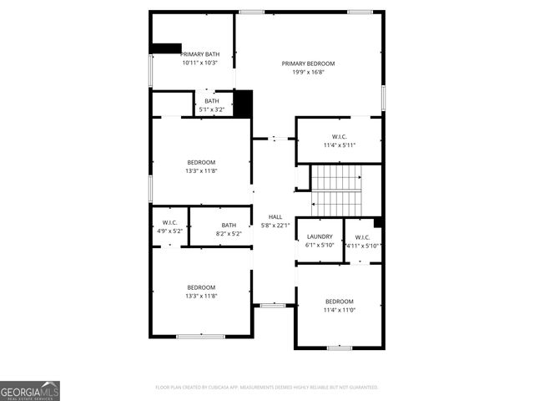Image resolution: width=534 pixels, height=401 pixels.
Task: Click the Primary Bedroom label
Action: click(x=308, y=63)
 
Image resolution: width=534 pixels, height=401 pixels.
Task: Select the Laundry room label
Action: click(x=319, y=236)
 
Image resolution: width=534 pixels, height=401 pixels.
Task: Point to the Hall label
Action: click(x=275, y=216)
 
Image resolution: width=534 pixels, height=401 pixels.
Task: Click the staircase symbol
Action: click(x=337, y=190)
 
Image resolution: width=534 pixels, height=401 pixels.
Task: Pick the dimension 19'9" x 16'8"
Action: click(x=308, y=72)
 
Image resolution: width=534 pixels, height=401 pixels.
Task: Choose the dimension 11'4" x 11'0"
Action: click(x=340, y=310)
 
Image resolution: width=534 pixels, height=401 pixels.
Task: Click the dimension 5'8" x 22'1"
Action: click(x=275, y=225)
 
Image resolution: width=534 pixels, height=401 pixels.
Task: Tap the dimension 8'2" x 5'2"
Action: click(x=229, y=233)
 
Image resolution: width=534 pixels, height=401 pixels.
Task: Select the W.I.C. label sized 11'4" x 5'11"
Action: click(x=340, y=136)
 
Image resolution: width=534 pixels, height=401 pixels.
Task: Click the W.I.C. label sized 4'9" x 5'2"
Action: click(x=169, y=222)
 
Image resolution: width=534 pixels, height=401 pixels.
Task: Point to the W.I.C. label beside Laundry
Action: click(x=362, y=236)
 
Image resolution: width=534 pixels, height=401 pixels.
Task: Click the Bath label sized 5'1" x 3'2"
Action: click(x=212, y=101)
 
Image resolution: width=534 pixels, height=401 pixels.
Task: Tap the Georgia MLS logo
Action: click(x=30, y=391)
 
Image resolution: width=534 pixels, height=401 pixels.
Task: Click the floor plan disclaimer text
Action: click(x=267, y=387)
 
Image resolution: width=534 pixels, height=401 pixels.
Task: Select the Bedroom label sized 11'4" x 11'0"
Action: click(x=340, y=302)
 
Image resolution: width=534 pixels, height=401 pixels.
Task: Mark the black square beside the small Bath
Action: click(x=243, y=103)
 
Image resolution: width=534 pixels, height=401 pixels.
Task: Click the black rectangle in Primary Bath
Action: click(x=166, y=48)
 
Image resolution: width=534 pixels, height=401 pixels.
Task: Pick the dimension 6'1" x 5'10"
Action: click(x=319, y=245)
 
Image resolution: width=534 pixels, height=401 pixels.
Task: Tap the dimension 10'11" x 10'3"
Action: click(x=200, y=63)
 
